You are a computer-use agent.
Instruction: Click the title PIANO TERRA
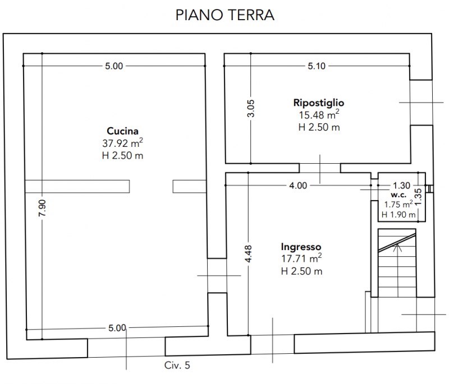224,15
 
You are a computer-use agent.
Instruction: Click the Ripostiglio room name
318,103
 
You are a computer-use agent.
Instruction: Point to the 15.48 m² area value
318,115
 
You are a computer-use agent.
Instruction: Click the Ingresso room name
301,247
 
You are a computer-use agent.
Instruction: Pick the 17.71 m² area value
301,259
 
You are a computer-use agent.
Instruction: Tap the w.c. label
398,196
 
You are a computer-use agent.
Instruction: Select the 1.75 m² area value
398,205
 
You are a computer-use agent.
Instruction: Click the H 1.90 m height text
398,214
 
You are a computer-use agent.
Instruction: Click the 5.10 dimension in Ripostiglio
317,66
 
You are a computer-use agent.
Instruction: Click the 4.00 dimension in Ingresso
298,186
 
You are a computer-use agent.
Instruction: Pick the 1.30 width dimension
401,186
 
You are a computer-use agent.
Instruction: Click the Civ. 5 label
177,366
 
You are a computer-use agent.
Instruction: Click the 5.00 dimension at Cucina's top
113,66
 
